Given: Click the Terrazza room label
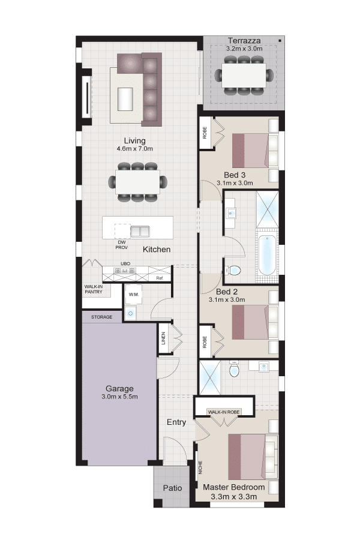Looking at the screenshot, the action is (x=244, y=41).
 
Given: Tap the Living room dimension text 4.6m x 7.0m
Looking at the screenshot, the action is (x=134, y=149).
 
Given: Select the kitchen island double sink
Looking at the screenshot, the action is (x=140, y=231).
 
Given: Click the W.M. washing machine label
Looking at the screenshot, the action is (x=134, y=295).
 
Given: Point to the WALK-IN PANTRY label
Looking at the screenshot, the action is (x=94, y=289).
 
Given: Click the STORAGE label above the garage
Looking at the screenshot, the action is (x=101, y=317).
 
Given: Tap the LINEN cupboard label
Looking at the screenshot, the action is (x=164, y=338).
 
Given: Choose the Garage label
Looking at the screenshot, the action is (x=119, y=388).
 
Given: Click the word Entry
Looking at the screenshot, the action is (x=176, y=422).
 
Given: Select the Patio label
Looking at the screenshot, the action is (x=173, y=488).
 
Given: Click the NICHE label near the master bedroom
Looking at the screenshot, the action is (x=200, y=467).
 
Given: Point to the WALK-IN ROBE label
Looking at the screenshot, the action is (x=224, y=412).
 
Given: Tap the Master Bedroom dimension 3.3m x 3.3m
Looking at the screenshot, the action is (x=234, y=497).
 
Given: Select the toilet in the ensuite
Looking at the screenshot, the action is (x=234, y=370).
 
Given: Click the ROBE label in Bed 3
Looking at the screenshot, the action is (x=205, y=133).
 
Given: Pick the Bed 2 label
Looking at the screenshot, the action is (x=227, y=292).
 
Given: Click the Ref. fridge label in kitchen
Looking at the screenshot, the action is (x=160, y=278).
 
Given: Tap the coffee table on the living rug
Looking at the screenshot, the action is (x=125, y=99).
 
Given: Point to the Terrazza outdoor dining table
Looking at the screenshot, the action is (x=244, y=76).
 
